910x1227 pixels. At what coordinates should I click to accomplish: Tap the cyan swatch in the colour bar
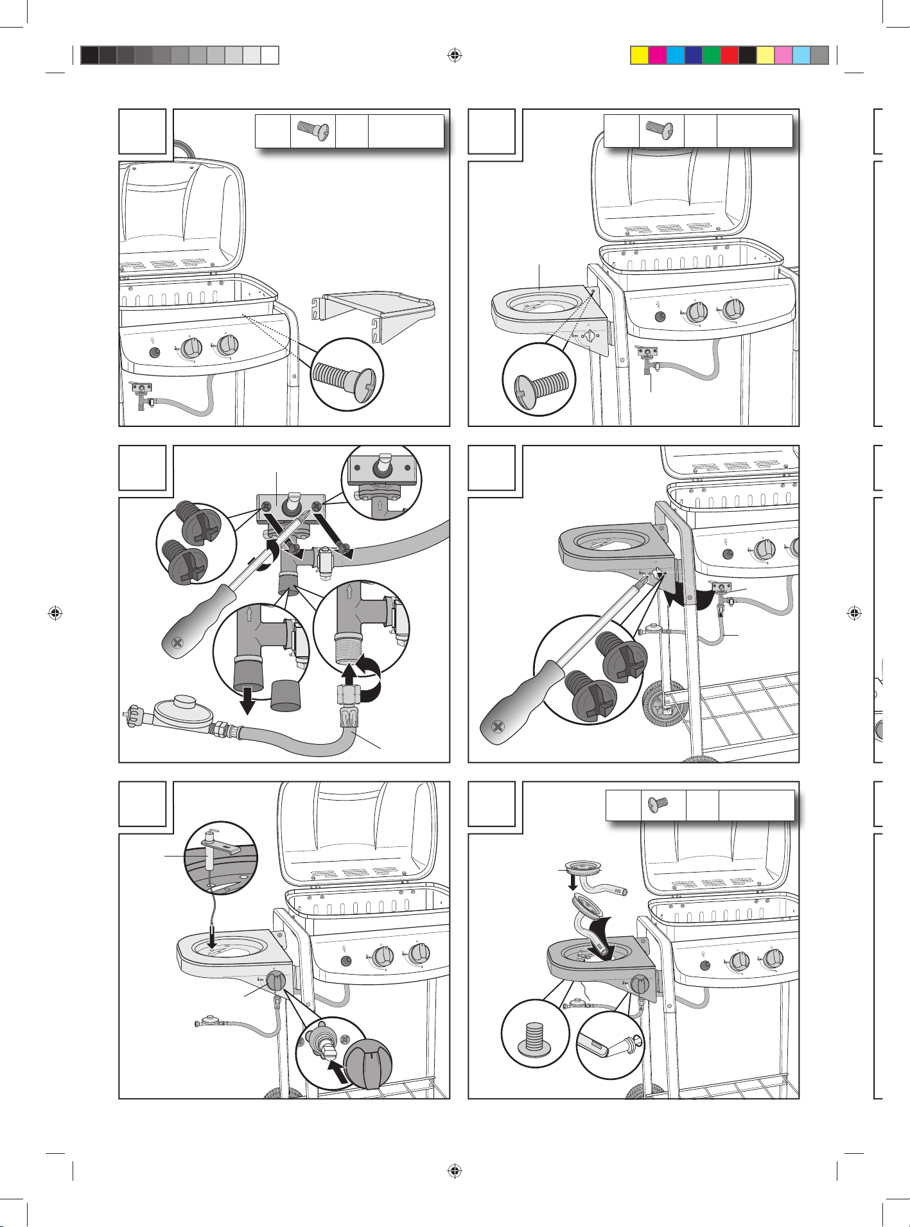(x=676, y=55)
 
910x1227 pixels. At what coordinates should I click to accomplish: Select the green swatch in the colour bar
(x=712, y=55)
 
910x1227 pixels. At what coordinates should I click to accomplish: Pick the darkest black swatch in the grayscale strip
(x=89, y=55)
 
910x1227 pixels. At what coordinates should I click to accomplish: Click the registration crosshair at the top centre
(x=455, y=55)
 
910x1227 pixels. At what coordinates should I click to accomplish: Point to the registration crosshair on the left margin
(x=55, y=613)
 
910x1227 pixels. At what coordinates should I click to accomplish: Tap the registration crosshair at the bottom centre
(x=455, y=1170)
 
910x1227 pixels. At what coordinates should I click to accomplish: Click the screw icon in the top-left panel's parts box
(x=313, y=132)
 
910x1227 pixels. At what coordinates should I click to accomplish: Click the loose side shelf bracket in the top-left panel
(x=376, y=315)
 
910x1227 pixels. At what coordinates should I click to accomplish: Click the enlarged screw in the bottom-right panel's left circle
(x=535, y=1041)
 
